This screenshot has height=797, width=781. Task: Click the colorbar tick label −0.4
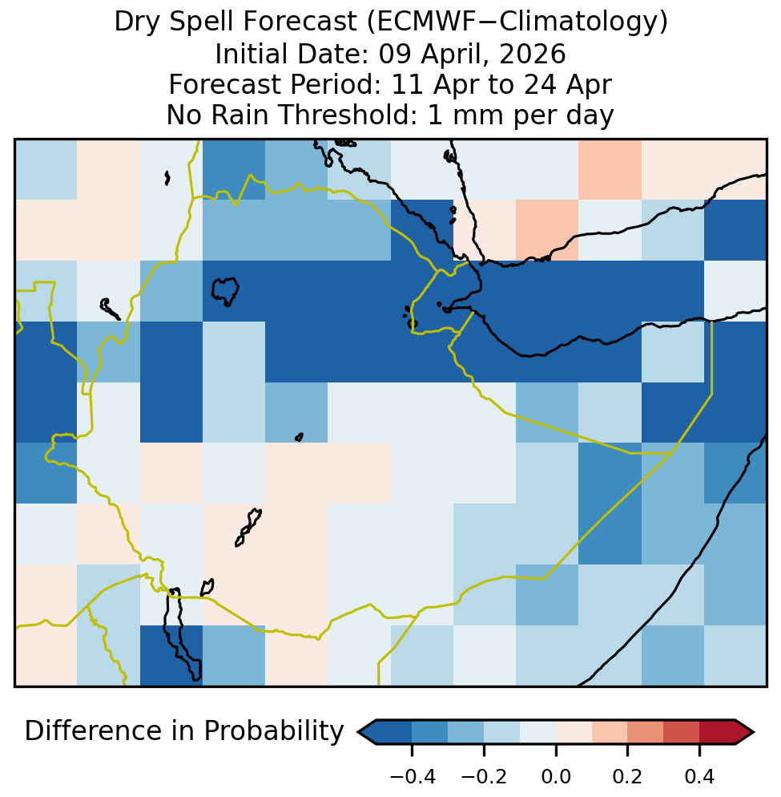point(413,777)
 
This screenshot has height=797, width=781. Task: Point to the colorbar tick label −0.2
point(484,777)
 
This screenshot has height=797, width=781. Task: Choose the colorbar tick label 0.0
point(556,777)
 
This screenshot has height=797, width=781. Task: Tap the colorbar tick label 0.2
point(628,777)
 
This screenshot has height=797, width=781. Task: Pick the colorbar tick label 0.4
point(700,777)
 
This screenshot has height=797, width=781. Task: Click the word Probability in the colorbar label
point(274,732)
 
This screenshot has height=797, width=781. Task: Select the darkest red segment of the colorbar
point(718,732)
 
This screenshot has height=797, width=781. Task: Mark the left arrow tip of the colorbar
point(358,732)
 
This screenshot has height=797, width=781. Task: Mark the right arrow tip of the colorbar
point(754,732)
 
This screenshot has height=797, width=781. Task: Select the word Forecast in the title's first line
point(300,22)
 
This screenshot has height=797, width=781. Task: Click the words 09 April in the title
point(434,55)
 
